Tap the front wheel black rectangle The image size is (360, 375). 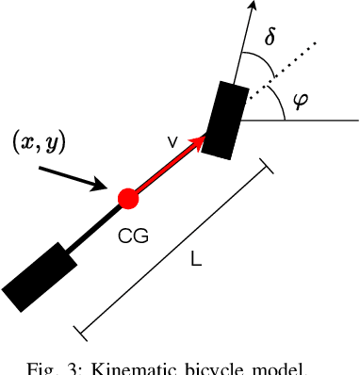(224, 119)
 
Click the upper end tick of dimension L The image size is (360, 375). (267, 167)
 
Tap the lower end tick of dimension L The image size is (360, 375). (81, 331)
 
